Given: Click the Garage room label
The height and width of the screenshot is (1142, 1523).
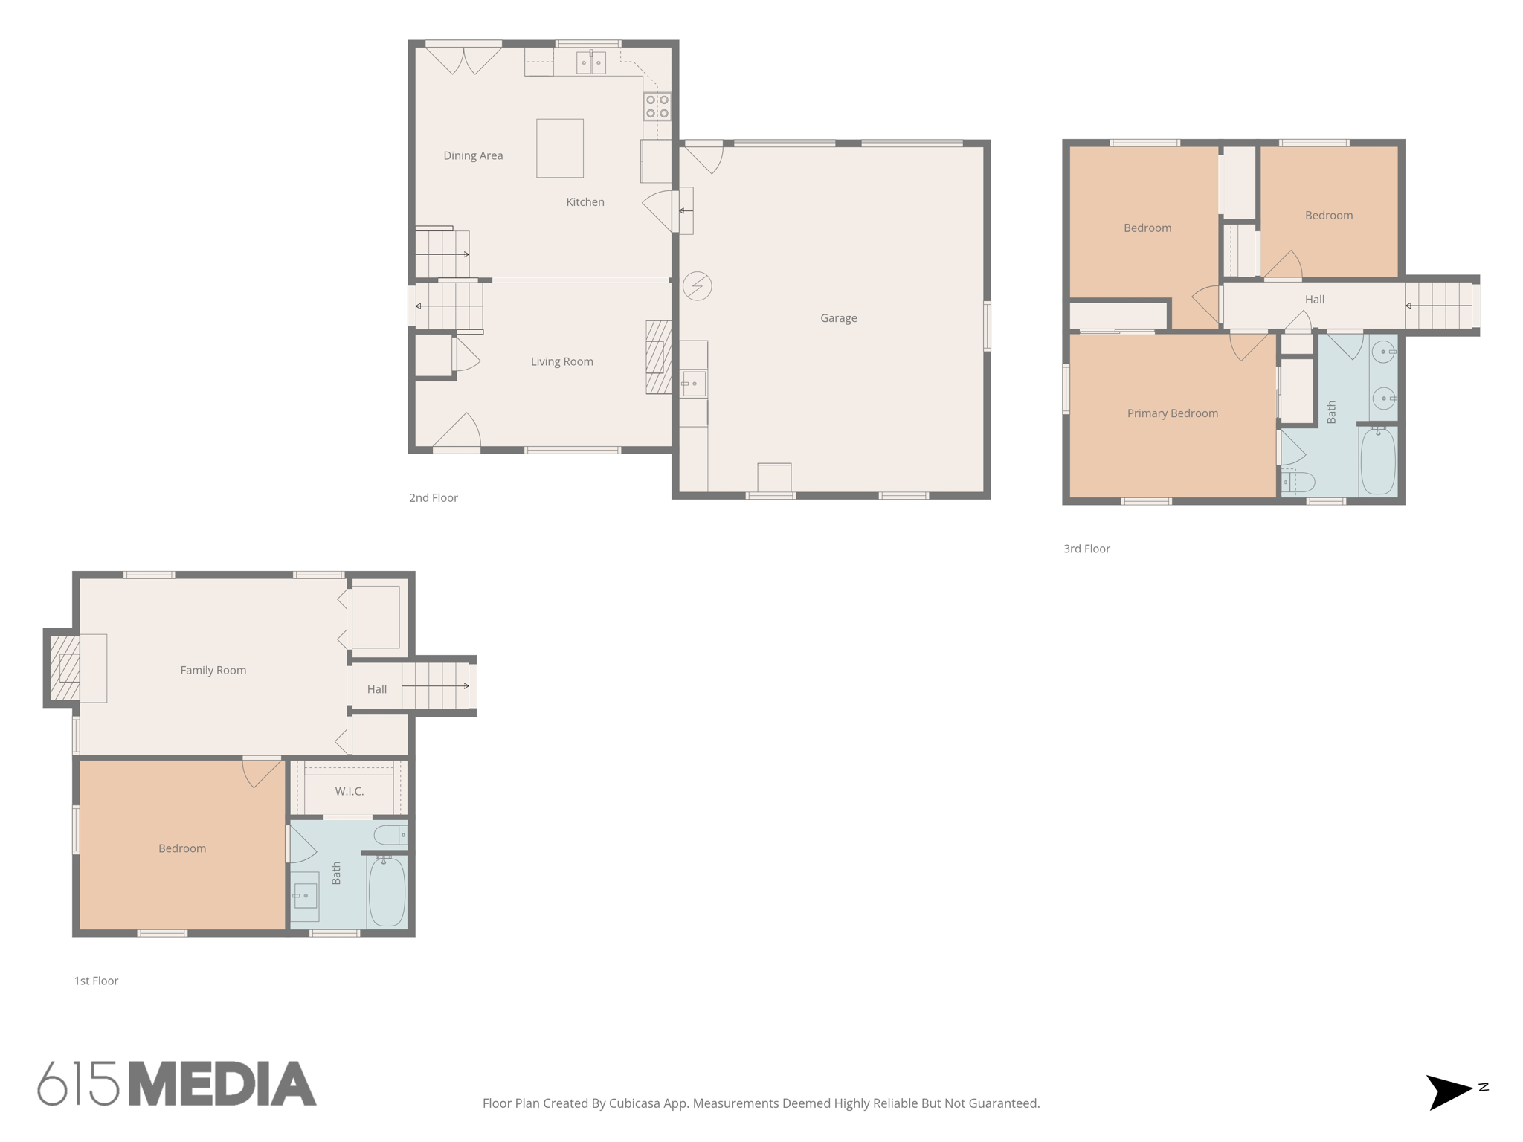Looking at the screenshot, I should pos(838,318).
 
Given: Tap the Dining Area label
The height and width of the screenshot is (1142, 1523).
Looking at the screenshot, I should pos(473,155).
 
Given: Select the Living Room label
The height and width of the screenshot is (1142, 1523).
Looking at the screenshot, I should pos(561,362).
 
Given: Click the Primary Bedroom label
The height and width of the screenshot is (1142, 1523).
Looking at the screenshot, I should pos(1172,413).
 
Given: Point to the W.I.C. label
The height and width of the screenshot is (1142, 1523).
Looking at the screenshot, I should pos(349,791).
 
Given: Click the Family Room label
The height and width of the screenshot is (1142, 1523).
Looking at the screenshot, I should pos(213,671).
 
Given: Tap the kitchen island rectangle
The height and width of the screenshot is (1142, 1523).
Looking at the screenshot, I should pos(559,148).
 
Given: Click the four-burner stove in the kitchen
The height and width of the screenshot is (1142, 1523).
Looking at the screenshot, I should pos(657,106).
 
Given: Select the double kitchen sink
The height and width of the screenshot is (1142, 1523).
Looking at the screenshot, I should pos(591,62).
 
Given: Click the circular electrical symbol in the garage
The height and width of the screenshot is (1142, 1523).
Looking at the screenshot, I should pos(697,286).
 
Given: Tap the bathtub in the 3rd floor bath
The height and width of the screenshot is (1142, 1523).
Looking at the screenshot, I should pos(1377,461).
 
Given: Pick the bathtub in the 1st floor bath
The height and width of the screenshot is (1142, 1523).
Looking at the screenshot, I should pos(387,892).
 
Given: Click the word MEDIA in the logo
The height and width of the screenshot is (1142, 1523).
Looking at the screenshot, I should pos(222,1084).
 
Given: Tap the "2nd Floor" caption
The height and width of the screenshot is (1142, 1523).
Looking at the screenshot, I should pos(433,498).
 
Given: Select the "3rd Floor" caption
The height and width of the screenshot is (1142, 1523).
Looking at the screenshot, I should pos(1086,549).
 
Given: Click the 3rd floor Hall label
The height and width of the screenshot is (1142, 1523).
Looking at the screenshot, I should pos(1314,300).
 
